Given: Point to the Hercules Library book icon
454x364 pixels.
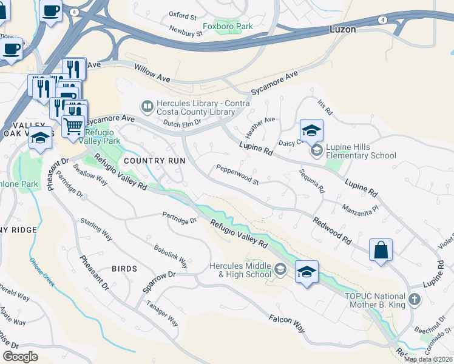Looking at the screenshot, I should pyautogui.click(x=147, y=107).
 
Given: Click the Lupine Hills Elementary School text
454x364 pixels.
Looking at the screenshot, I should pyautogui.click(x=361, y=152).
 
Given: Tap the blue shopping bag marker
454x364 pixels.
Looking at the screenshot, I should pyautogui.click(x=381, y=250).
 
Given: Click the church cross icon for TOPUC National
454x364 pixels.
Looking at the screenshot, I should pyautogui.click(x=414, y=299).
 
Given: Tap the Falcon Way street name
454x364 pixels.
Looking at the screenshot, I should pyautogui.click(x=286, y=322).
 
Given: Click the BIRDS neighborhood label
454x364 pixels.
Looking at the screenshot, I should pyautogui.click(x=124, y=268).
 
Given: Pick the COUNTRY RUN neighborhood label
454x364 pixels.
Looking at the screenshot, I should pyautogui.click(x=154, y=161).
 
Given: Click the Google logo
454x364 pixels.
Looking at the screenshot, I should pyautogui.click(x=21, y=356).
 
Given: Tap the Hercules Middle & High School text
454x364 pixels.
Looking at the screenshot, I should pyautogui.click(x=240, y=270).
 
